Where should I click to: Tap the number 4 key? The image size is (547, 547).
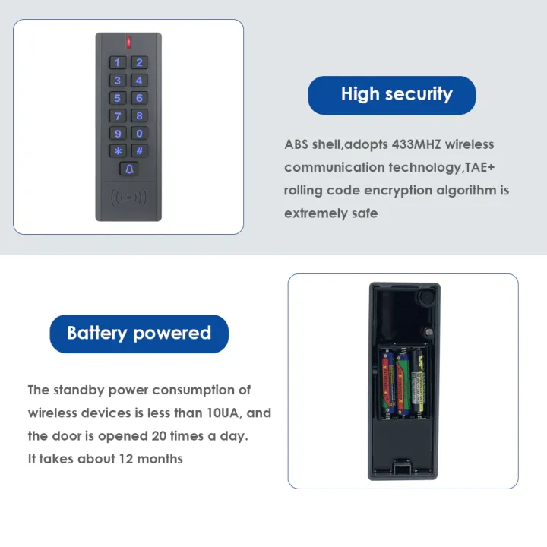(139, 81)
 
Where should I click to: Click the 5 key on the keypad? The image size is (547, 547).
(118, 98)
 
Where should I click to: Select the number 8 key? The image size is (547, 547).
(139, 115)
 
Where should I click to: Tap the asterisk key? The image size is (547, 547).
(118, 151)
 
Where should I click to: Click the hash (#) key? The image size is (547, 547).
(139, 151)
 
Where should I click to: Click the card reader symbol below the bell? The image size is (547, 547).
(128, 198)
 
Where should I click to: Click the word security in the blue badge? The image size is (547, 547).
(417, 95)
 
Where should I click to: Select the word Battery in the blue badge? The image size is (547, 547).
(97, 334)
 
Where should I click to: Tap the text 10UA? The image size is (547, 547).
(233, 413)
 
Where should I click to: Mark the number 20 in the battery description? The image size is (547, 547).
(159, 436)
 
